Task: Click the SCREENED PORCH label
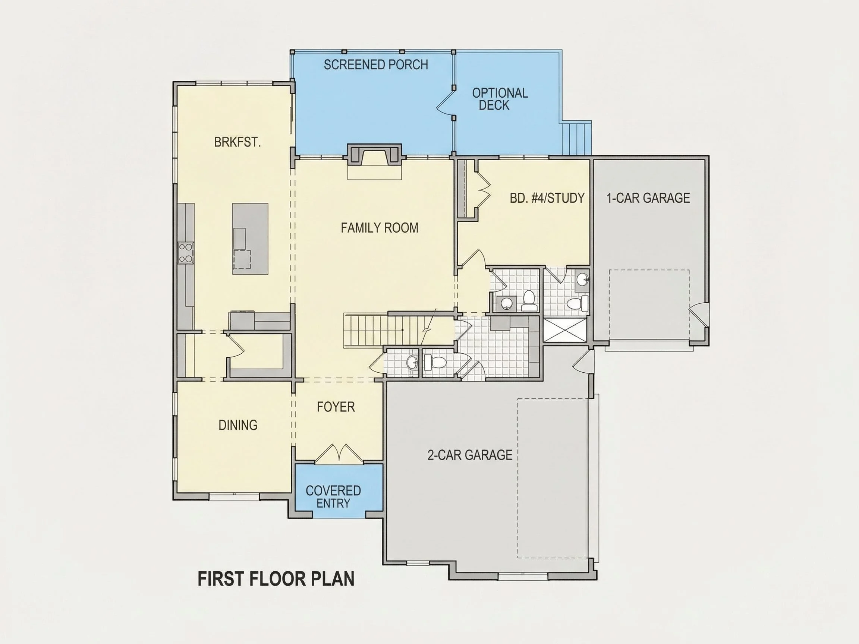[x=376, y=64]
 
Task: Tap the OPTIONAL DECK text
[x=500, y=99]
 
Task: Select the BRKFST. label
[x=237, y=142]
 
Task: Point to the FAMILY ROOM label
[x=380, y=227]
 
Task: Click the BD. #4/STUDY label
[x=547, y=198]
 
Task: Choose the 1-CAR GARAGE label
[x=648, y=198]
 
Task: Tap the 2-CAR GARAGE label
[x=470, y=455]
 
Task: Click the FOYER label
[x=336, y=407]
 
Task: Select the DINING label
[x=238, y=425]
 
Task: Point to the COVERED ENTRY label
[x=333, y=497]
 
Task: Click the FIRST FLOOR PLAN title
[x=276, y=579]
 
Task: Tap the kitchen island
[x=250, y=239]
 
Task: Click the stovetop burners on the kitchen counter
[x=186, y=253]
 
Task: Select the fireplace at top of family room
[x=374, y=155]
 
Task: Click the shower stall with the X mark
[x=564, y=330]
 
